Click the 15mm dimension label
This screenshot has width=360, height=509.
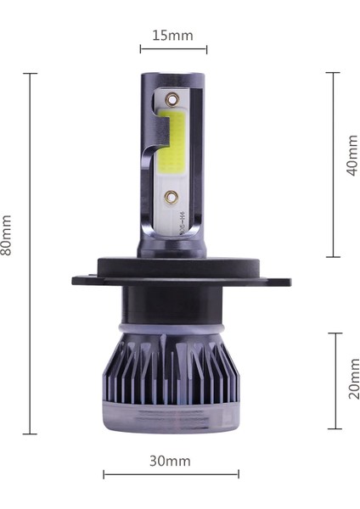[x=172, y=36]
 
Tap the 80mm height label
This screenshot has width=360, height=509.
[x=8, y=235]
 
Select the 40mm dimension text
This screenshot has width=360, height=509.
[x=352, y=156]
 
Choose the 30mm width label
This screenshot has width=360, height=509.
[x=170, y=461]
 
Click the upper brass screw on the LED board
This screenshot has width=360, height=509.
[x=173, y=99]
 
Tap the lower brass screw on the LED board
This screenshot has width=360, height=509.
[x=172, y=196]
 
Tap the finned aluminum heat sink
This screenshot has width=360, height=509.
[x=170, y=369]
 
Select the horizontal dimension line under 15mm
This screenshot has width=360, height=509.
[x=173, y=49]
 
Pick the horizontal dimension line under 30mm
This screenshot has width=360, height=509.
[x=171, y=474]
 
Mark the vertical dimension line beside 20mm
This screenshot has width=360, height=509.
[x=335, y=380]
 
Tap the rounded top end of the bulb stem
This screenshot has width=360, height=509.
[x=172, y=77]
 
